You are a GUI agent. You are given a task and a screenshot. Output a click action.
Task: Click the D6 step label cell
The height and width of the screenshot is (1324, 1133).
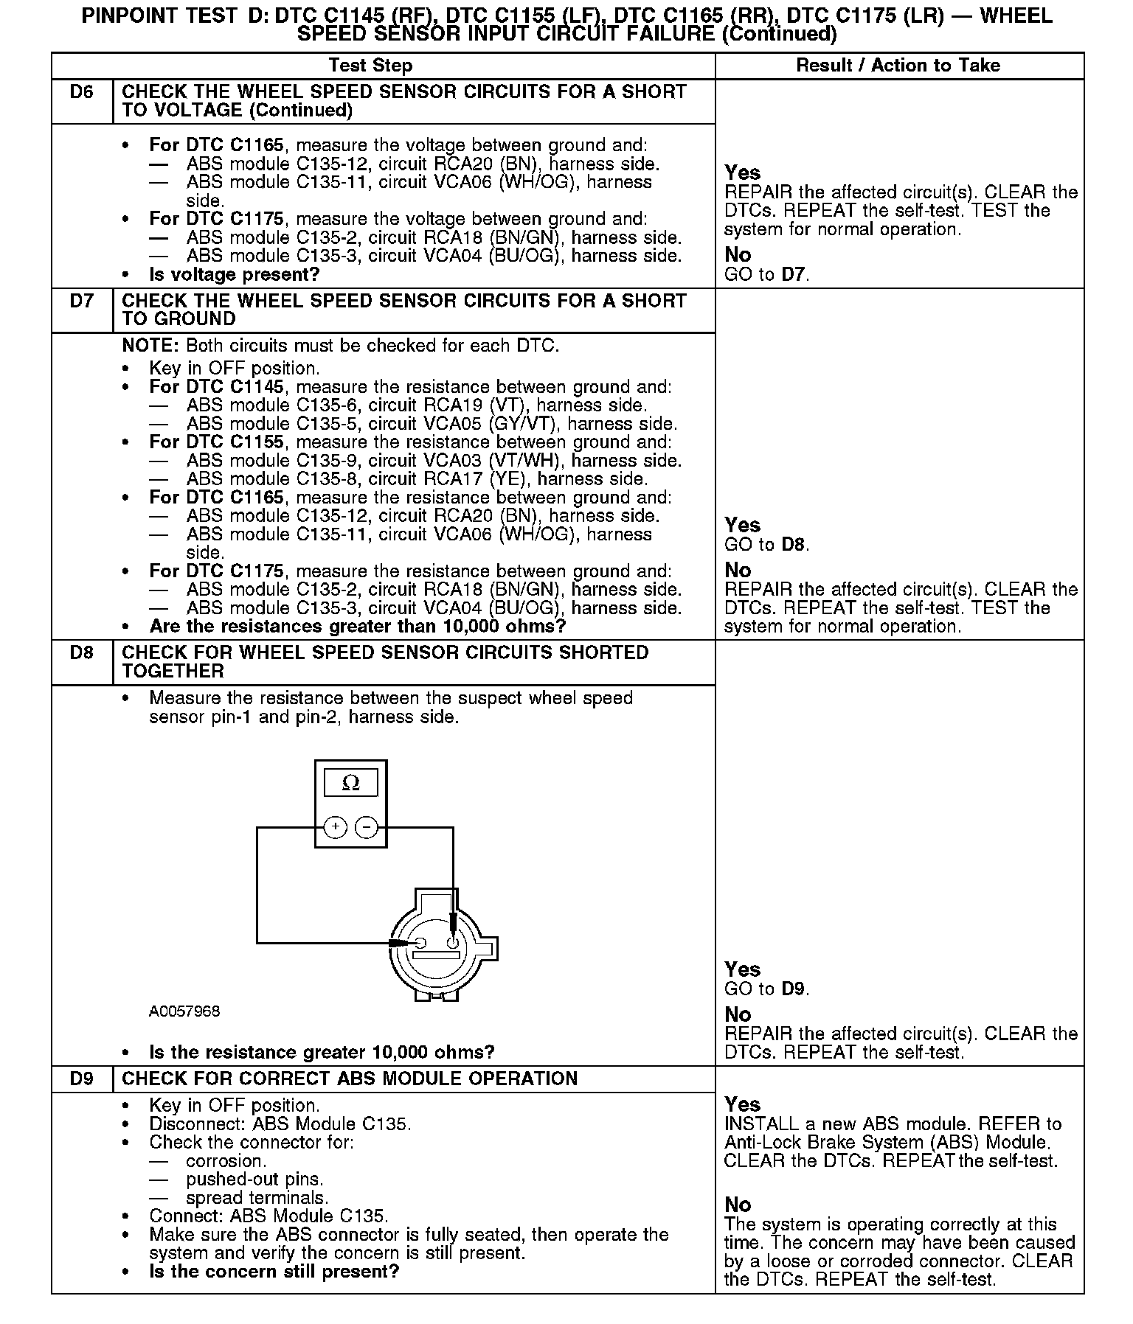82,93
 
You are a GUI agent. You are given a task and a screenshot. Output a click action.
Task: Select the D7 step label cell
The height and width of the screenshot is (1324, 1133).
82,302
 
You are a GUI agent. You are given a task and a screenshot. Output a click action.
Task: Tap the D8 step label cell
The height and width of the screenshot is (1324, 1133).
82,653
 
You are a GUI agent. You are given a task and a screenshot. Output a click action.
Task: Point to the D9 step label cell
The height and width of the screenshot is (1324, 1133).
82,1079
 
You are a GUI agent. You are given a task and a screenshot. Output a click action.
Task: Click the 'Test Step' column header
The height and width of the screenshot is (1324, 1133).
370,66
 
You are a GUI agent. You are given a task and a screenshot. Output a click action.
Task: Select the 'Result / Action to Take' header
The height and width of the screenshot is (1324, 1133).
898,66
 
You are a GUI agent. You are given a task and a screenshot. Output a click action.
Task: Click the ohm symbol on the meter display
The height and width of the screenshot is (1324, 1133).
351,783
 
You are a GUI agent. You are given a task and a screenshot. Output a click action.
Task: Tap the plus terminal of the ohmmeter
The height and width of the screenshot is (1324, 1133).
336,827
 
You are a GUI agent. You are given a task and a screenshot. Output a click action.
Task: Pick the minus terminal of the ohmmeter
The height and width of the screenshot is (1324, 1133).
367,827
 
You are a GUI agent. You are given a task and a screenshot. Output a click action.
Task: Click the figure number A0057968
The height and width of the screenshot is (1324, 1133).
184,1011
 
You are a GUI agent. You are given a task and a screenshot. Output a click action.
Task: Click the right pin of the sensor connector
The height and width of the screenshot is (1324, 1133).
453,942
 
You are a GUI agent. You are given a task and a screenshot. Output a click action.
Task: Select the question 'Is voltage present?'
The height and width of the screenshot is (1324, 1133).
235,275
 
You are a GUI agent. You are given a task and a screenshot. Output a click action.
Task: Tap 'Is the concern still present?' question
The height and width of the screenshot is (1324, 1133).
274,1272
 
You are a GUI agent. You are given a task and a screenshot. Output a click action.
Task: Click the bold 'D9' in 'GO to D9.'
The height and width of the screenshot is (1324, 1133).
793,989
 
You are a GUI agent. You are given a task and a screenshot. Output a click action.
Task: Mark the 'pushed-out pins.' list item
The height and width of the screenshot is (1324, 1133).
254,1180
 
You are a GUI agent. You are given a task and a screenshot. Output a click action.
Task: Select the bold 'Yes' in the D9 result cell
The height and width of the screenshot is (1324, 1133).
742,1104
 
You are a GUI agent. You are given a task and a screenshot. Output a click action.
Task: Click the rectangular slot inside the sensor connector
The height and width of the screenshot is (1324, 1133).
436,956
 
